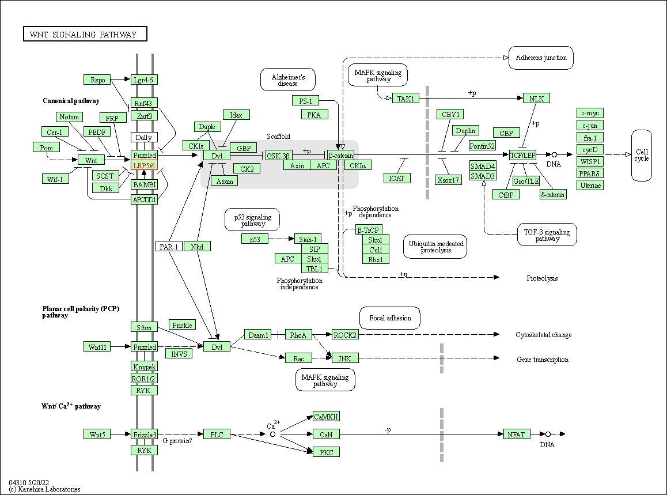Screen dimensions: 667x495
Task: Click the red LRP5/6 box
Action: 144,165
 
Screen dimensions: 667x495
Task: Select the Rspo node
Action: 97,80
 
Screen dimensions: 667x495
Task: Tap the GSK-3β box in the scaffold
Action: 278,156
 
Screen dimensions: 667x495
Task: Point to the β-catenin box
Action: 341,156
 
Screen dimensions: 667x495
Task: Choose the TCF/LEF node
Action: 523,155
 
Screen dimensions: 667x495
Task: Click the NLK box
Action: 536,99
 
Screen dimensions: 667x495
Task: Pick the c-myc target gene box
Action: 590,113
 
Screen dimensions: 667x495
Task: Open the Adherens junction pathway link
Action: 541,58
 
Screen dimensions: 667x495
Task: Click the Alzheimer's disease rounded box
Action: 288,80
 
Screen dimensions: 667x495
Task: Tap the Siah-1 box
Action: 308,239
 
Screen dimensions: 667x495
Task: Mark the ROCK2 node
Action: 345,335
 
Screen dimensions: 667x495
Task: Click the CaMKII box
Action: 326,417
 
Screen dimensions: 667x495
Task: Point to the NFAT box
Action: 517,434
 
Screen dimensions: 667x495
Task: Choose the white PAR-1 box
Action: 169,247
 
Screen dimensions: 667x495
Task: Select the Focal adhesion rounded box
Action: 390,318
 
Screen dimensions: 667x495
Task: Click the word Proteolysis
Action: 542,278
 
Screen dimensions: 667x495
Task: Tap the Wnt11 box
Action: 97,347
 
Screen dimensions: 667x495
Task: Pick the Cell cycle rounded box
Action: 642,156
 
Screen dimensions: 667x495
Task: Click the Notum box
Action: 69,117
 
